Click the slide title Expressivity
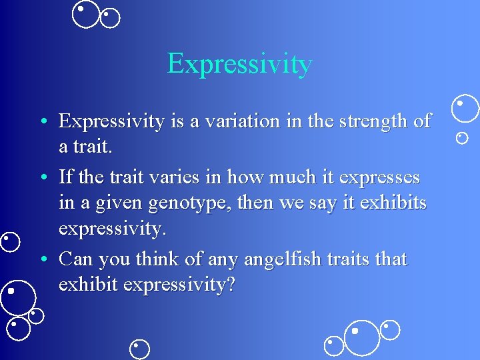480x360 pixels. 239,64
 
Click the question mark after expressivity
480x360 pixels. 230,285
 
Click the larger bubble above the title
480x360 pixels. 85,14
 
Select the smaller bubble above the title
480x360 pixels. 109,18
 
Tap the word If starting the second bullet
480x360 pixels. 66,177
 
